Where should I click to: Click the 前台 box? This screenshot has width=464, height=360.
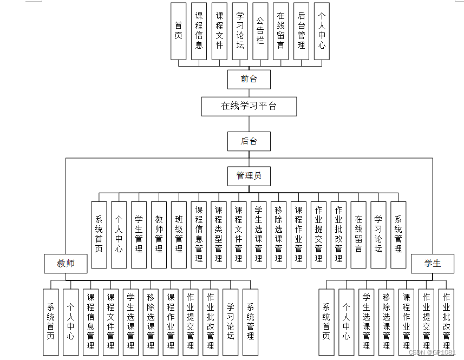(249, 79)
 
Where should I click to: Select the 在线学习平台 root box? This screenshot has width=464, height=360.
(249, 106)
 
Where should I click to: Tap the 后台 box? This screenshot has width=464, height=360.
(249, 141)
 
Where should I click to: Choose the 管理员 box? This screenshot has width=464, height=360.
(249, 175)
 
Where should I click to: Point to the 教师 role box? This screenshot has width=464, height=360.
(66, 264)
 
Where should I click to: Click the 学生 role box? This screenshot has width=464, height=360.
(432, 264)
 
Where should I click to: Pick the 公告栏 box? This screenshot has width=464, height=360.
(260, 31)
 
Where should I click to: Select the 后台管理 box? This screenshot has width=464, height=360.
(301, 31)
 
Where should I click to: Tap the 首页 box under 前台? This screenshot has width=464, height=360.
(178, 31)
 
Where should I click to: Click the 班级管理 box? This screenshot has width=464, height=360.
(179, 234)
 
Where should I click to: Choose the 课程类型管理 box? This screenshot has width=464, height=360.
(219, 234)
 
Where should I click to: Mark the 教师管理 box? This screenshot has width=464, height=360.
(159, 234)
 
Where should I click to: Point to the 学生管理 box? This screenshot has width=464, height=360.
(139, 234)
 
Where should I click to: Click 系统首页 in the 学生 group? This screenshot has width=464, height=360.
(326, 322)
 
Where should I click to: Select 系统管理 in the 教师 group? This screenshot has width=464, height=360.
(250, 322)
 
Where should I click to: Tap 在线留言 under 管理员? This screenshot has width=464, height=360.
(358, 234)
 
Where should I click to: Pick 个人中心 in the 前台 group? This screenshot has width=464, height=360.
(322, 31)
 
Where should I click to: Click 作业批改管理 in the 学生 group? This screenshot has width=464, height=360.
(446, 322)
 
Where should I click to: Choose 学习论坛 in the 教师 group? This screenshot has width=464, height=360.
(230, 322)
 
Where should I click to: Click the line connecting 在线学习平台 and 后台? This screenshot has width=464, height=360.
(249, 124)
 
